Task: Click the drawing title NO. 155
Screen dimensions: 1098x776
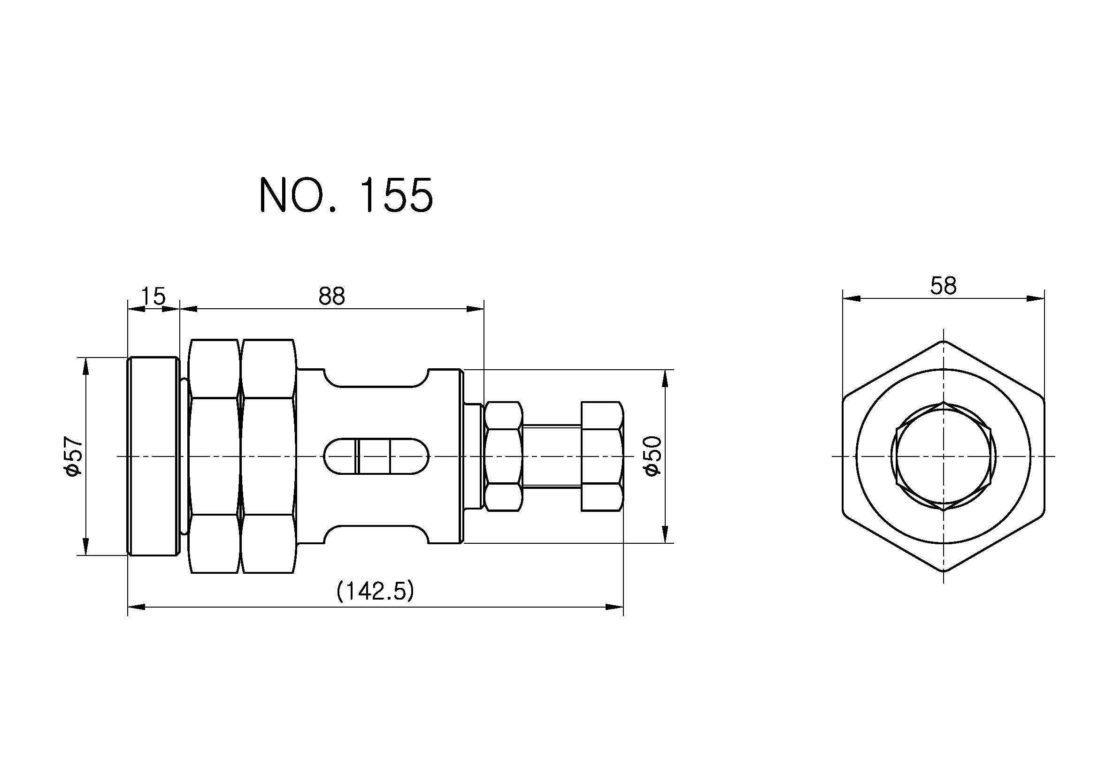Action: (x=346, y=195)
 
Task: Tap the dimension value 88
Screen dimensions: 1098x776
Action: (x=331, y=296)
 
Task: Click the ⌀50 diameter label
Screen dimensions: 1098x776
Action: (x=653, y=456)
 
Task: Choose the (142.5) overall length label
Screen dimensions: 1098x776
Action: (x=375, y=592)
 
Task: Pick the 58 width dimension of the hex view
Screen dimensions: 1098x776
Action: (x=943, y=286)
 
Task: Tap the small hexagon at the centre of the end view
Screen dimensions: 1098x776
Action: (x=943, y=457)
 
